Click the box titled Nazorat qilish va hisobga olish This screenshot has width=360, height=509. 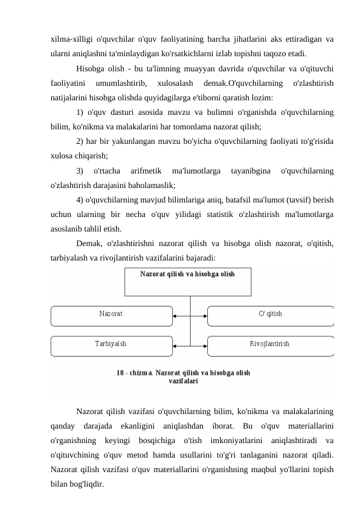pyautogui.click(x=187, y=281)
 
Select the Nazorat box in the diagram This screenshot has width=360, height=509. pyautogui.click(x=111, y=315)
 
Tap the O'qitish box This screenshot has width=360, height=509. pyautogui.click(x=270, y=315)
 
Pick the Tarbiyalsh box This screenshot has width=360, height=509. pyautogui.click(x=111, y=345)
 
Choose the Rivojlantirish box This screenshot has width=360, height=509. pyautogui.click(x=270, y=345)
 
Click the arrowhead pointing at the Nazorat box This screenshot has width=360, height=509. pyautogui.click(x=175, y=316)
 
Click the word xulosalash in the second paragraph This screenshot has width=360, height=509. pyautogui.click(x=173, y=83)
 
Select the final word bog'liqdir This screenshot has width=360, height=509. pyautogui.click(x=86, y=484)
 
